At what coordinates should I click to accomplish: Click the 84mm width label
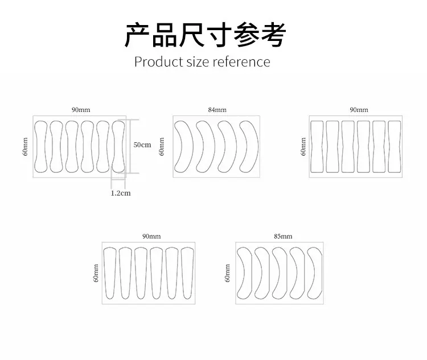pyautogui.click(x=217, y=110)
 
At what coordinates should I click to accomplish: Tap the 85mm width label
pyautogui.click(x=283, y=236)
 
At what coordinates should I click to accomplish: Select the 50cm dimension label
pyautogui.click(x=142, y=145)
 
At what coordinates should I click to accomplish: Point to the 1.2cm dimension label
pyautogui.click(x=121, y=193)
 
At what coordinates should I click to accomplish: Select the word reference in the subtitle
pyautogui.click(x=241, y=62)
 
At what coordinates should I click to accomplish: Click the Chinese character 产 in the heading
pyautogui.click(x=137, y=35)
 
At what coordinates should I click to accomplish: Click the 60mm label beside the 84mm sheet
pyautogui.click(x=162, y=147)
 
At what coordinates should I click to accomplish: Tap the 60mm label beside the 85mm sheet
pyautogui.click(x=227, y=273)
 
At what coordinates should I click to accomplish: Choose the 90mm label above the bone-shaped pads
pyautogui.click(x=81, y=110)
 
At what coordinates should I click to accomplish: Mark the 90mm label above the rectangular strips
pyautogui.click(x=359, y=110)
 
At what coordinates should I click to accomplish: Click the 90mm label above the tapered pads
pyautogui.click(x=151, y=236)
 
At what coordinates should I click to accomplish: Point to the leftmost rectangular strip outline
pyautogui.click(x=311, y=147)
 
